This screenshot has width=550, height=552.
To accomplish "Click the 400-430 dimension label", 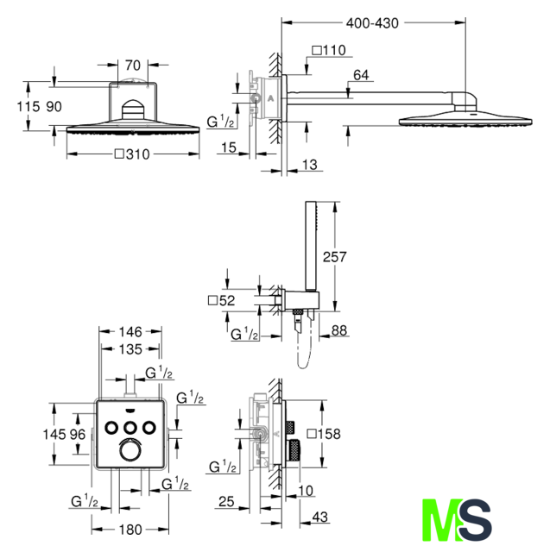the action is click(x=372, y=23).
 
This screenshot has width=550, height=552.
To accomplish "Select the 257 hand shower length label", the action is click(x=334, y=257).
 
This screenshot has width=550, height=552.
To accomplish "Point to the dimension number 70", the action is click(x=132, y=66).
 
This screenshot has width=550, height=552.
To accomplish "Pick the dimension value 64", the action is click(x=361, y=75).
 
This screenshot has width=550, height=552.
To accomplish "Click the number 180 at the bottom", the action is click(x=130, y=530).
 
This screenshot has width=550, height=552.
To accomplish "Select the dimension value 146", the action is click(x=130, y=331).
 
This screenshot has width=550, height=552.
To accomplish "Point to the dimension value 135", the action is click(x=130, y=349).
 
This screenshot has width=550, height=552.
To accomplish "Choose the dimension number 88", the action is click(x=339, y=330).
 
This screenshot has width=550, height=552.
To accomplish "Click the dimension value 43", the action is click(x=320, y=517).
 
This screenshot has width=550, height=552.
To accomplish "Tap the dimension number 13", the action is click(x=310, y=165).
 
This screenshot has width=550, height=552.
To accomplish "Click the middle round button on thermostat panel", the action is click(x=130, y=428).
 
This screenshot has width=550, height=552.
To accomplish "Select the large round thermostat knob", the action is click(x=130, y=450).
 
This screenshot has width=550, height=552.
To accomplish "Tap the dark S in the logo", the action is click(x=475, y=519).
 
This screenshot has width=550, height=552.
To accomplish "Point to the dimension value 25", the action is click(x=226, y=502).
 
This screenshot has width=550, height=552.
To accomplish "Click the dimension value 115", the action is click(x=28, y=106).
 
